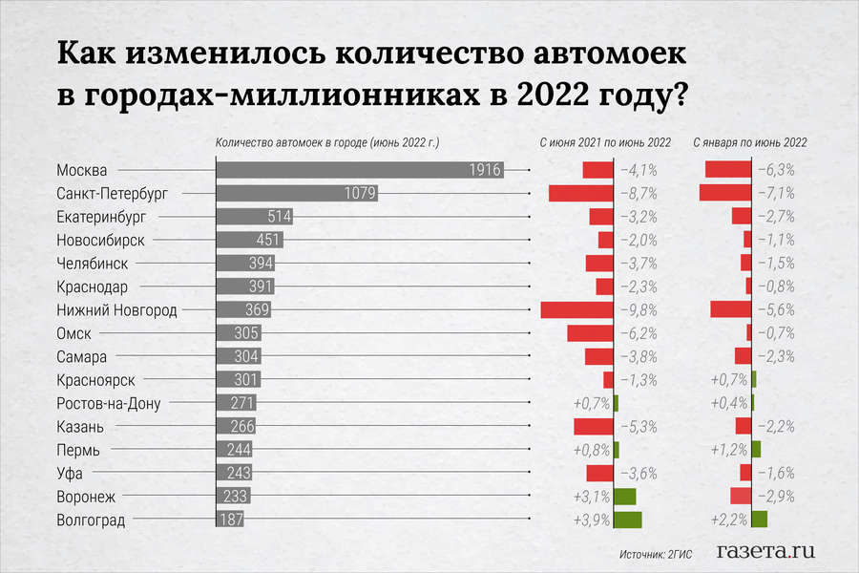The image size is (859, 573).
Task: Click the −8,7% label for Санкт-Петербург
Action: [x=639, y=193]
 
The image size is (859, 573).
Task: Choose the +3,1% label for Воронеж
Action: [x=592, y=497]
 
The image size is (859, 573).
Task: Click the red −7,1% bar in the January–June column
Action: [x=726, y=193]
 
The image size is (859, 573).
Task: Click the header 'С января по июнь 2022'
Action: [x=748, y=142]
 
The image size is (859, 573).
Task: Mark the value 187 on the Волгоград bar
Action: [x=229, y=520]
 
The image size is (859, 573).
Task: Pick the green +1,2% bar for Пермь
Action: [x=756, y=449]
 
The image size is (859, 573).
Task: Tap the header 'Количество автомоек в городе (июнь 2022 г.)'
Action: [x=326, y=142]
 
